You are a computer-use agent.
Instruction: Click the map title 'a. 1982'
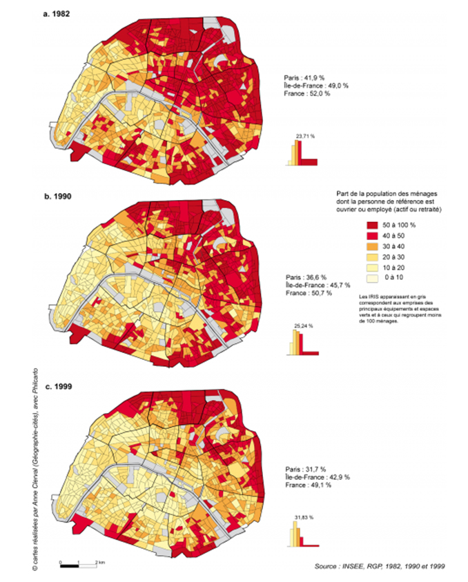[58, 12]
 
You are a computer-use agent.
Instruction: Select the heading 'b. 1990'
[59, 197]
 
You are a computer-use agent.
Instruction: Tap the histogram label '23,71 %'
[304, 136]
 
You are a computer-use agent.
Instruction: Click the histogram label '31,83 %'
[302, 516]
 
